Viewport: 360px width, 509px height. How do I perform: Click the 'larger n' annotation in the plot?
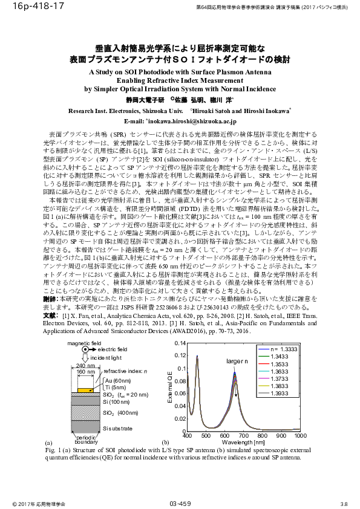[x=238, y=361]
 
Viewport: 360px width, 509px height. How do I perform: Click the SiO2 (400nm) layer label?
[x=119, y=413]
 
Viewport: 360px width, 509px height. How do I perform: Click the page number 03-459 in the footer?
[x=180, y=503]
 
